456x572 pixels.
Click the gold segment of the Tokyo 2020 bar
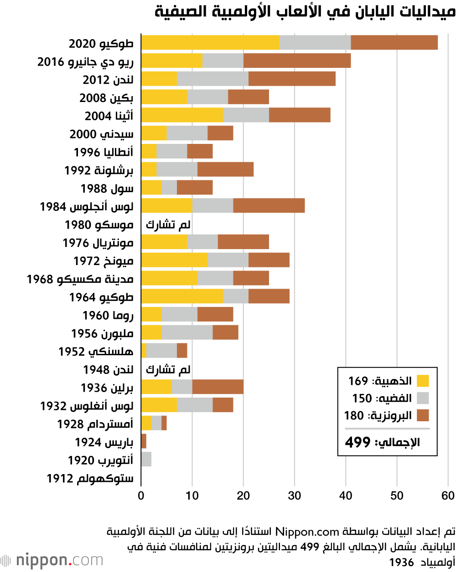pos(210,42)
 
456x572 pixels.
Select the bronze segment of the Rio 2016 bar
pos(297,61)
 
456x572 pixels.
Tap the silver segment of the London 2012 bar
pos(212,79)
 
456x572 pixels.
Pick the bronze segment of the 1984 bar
pos(269,205)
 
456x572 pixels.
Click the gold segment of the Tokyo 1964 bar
pos(182,296)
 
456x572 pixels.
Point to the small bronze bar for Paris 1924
pos(144,441)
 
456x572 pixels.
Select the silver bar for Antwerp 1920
pos(146,459)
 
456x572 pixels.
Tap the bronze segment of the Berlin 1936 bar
pos(218,387)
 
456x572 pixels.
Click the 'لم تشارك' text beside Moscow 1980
pos(168,225)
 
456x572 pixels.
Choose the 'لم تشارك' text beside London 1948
pos(168,369)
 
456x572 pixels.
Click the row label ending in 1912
pos(90,478)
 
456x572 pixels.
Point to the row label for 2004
pos(109,116)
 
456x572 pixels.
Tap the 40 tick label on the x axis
pos(346,495)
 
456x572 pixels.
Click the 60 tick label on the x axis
pos(448,495)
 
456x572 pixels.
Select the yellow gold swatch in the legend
pos(423,381)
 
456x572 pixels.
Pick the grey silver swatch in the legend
pos(423,398)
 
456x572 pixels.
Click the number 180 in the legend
pos(354,415)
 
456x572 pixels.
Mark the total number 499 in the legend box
pos(358,442)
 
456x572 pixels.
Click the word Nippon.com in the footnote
pos(307,531)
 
